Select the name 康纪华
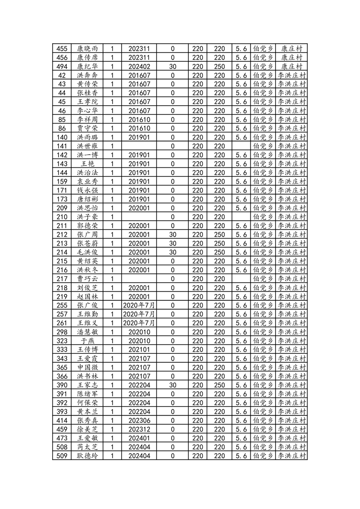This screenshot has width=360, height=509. click(x=87, y=66)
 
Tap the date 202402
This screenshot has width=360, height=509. click(x=139, y=66)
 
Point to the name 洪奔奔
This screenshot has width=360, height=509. click(x=87, y=75)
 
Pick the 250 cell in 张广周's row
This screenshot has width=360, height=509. click(x=219, y=235)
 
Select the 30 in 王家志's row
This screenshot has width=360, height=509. click(x=172, y=385)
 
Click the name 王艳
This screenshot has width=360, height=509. click(x=87, y=164)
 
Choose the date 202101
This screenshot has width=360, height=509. click(x=139, y=350)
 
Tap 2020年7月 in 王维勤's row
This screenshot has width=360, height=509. click(x=139, y=314)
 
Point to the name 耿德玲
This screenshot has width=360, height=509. click(x=87, y=456)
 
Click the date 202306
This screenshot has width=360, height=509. click(x=139, y=421)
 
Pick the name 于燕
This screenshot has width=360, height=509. click(x=87, y=341)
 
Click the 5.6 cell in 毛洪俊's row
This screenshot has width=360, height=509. click(x=241, y=252)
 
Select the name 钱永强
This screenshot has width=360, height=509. click(x=87, y=190)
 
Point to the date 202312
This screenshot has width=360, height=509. click(x=139, y=430)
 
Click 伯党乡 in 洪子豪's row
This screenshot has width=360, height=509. click(x=262, y=217)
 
